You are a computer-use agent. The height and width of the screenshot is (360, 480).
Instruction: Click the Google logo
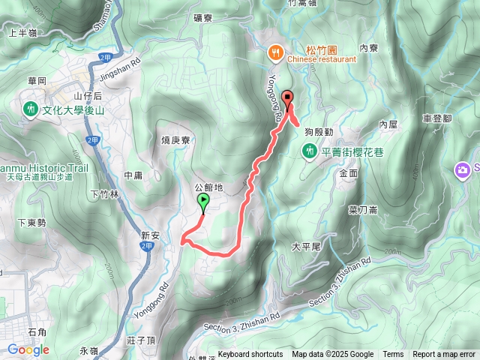(x=28, y=349)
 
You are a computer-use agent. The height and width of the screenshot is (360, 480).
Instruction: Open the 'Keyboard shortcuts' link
(x=250, y=355)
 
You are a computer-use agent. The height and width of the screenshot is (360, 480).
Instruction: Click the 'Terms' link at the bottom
(x=393, y=355)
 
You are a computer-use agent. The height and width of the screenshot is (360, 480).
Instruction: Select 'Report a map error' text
(x=445, y=355)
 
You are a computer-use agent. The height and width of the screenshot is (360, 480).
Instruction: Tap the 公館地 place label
(x=208, y=187)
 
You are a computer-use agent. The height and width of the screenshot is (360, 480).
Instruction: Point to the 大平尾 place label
(x=306, y=246)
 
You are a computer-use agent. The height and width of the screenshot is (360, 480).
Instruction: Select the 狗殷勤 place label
(x=319, y=132)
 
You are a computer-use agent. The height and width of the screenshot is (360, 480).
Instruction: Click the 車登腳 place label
(x=437, y=118)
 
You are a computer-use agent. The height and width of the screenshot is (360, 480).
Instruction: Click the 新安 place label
(x=151, y=235)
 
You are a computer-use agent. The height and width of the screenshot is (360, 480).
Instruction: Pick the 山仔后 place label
(x=88, y=96)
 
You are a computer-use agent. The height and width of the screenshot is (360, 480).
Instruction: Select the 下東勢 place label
(x=31, y=223)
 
